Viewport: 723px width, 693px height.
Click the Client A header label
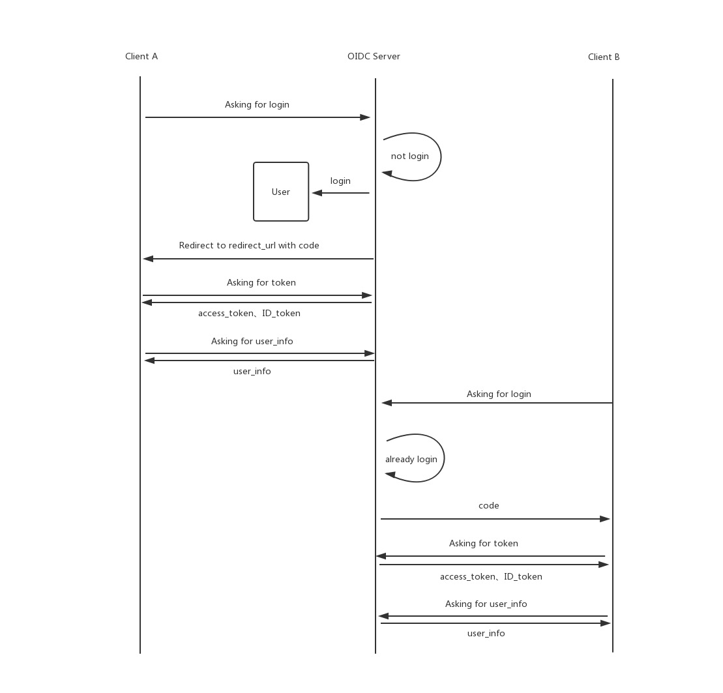point(141,57)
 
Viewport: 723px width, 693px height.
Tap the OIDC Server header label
point(374,57)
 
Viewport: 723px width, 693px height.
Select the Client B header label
point(604,57)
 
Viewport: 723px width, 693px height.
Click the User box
point(281,192)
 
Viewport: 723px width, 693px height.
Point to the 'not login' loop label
point(410,156)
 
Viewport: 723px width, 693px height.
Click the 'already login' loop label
point(411,460)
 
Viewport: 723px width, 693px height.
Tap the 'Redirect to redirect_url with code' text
point(249,246)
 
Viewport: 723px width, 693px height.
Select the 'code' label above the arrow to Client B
point(489,506)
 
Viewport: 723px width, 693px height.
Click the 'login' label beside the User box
point(340,181)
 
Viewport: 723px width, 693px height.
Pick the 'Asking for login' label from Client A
point(257,105)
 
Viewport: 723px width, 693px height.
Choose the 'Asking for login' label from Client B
point(499,394)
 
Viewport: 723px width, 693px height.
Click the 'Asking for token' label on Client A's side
point(261,283)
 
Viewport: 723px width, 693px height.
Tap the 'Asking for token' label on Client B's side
point(484,544)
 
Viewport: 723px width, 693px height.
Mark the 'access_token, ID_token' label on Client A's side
point(249,314)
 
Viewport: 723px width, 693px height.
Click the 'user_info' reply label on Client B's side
point(486,634)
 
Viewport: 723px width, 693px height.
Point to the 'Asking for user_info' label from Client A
point(252,342)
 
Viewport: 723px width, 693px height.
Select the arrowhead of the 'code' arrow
point(605,519)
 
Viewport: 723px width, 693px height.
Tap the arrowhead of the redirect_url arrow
point(148,259)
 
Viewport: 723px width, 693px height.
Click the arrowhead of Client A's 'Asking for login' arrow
point(365,117)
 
